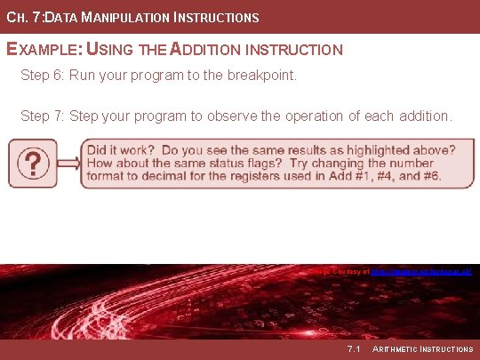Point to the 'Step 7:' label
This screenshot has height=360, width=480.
(x=44, y=116)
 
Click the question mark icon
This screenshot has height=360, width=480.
(x=33, y=163)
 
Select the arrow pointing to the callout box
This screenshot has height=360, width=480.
(x=68, y=163)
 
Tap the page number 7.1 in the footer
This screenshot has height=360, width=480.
(x=354, y=348)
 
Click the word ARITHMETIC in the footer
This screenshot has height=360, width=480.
(x=397, y=348)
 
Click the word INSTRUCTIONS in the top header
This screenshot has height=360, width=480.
(x=215, y=18)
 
